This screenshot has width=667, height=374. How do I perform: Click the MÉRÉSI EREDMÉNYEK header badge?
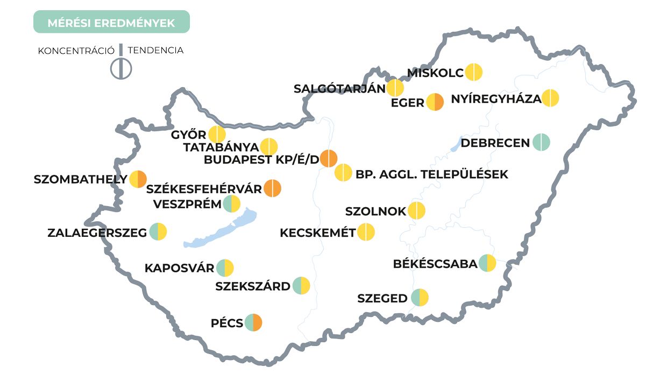point(111,23)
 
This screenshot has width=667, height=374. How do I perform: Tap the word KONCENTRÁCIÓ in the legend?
point(76,51)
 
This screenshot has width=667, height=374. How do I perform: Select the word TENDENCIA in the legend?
point(156,51)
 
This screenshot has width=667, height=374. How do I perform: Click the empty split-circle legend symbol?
point(121,68)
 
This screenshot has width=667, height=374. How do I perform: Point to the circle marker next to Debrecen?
point(541,143)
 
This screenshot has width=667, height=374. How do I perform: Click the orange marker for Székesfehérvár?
point(273,188)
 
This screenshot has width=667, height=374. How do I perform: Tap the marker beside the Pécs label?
point(253,323)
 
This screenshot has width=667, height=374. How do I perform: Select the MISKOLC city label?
point(435,73)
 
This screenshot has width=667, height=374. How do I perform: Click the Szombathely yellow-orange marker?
point(138,179)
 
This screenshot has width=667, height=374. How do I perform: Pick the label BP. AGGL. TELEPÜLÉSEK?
point(431,174)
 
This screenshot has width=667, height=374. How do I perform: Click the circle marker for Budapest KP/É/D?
point(329,159)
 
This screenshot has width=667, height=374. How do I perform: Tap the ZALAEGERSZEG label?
point(97,233)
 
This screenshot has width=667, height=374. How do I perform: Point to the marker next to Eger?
point(435,102)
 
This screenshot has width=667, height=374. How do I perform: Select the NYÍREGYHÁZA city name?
point(496,99)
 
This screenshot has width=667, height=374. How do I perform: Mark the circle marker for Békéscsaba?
point(487,263)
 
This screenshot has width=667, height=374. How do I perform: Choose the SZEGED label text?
point(382,298)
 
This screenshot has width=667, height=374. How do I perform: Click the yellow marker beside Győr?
point(217,135)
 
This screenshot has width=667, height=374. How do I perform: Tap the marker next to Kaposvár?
point(225,267)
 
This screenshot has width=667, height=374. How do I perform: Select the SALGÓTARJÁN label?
point(339,89)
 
